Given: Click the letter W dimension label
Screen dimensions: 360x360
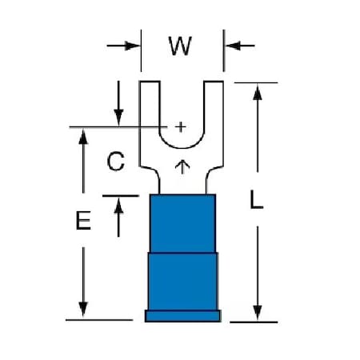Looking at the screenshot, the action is (180, 46).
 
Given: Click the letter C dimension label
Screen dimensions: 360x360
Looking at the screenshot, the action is (116, 161).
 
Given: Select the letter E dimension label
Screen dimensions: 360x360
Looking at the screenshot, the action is (83, 220).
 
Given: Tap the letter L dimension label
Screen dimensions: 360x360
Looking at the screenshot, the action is (257, 199).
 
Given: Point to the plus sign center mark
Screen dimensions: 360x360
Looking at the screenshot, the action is (181, 127).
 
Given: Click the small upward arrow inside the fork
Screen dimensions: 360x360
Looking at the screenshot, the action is (182, 167).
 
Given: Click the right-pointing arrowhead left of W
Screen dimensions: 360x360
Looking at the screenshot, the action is (132, 46).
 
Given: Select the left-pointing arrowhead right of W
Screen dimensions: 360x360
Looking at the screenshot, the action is (233, 46).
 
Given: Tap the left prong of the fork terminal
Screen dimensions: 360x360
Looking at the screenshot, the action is (150, 106).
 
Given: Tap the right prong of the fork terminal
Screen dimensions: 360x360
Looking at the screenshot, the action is (214, 106).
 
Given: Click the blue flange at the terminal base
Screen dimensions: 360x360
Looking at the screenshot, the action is (183, 316).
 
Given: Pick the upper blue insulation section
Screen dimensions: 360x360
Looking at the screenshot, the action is (182, 223).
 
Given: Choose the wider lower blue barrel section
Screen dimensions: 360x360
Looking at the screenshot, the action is (182, 282).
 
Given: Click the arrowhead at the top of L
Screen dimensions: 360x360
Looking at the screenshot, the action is (258, 93).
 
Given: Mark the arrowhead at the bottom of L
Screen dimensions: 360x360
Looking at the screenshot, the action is (258, 313).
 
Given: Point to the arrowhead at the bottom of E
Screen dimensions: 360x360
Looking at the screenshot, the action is (83, 310).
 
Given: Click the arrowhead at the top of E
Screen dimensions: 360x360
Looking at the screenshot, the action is (83, 137).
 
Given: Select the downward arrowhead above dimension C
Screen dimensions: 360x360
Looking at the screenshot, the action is (118, 117).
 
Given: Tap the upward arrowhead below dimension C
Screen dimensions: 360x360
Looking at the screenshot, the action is (118, 206).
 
